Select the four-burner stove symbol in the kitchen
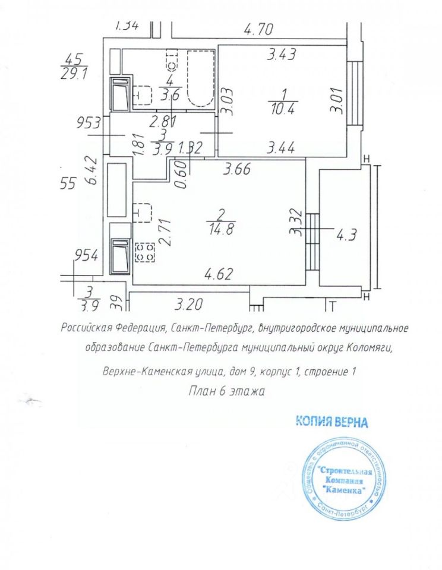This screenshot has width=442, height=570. (x=144, y=252)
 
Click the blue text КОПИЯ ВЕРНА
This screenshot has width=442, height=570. (x=332, y=422)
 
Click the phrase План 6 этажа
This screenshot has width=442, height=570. (x=226, y=391)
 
